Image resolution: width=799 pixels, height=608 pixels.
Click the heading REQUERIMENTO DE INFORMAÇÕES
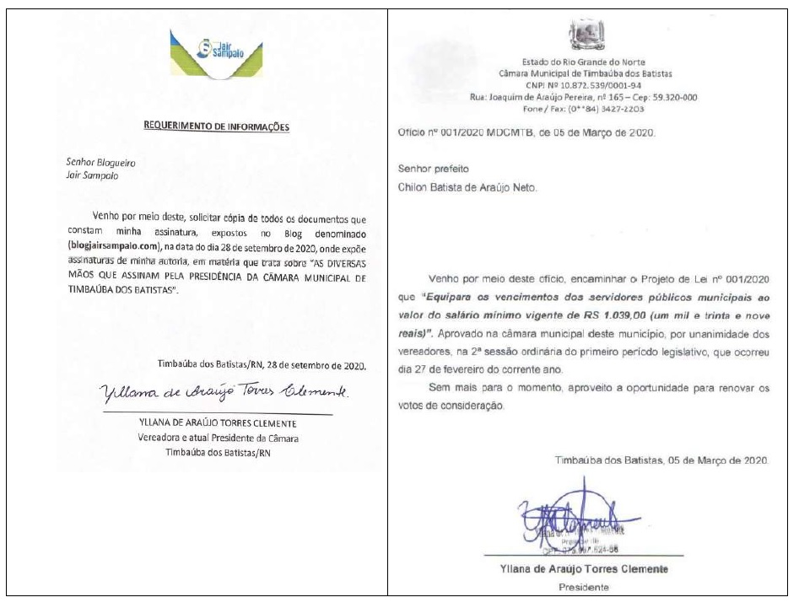(x=217, y=126)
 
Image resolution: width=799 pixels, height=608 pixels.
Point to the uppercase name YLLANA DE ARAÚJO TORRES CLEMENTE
(x=216, y=423)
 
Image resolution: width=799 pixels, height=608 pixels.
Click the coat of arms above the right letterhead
(x=583, y=37)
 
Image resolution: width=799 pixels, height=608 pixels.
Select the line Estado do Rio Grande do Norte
(x=584, y=62)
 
